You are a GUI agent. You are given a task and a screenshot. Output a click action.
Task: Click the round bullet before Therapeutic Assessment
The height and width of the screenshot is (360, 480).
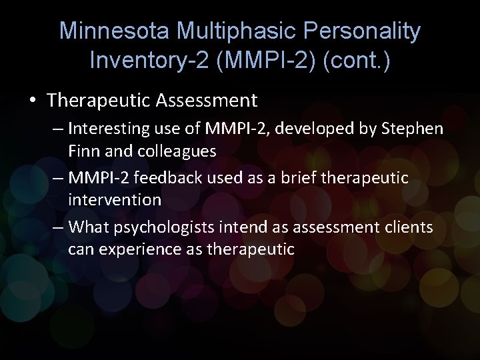(33, 101)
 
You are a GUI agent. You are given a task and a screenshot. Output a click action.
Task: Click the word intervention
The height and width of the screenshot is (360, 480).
(114, 199)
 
